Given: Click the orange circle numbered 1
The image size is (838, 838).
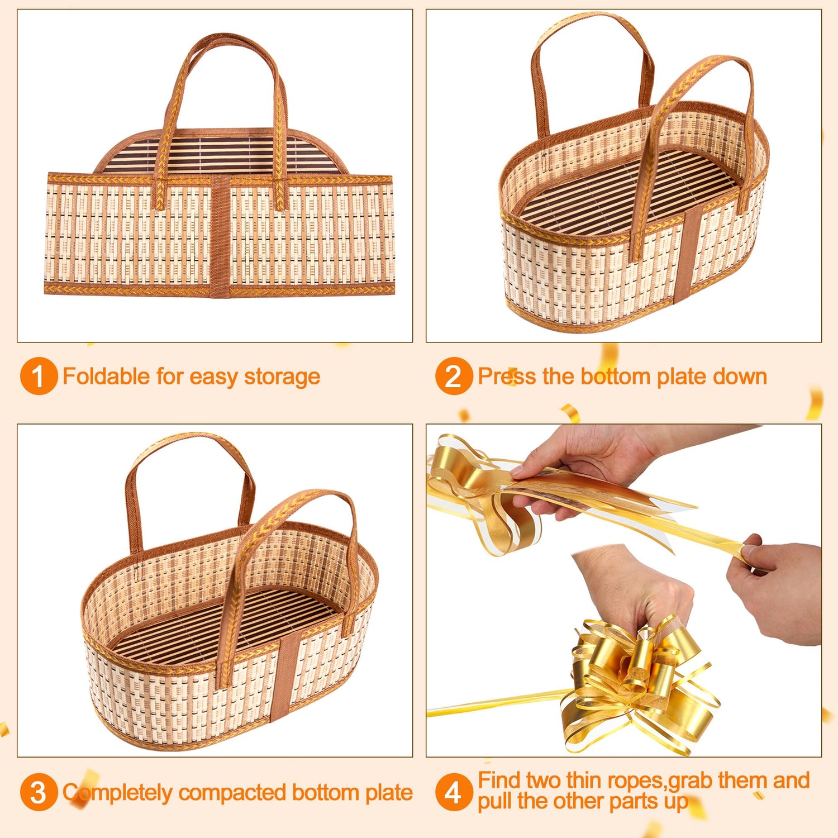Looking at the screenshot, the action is [39, 376].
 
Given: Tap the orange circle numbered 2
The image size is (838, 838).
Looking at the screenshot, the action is [454, 376].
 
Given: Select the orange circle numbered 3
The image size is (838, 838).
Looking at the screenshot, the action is [39, 792].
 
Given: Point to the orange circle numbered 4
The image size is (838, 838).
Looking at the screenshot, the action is [454, 792].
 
